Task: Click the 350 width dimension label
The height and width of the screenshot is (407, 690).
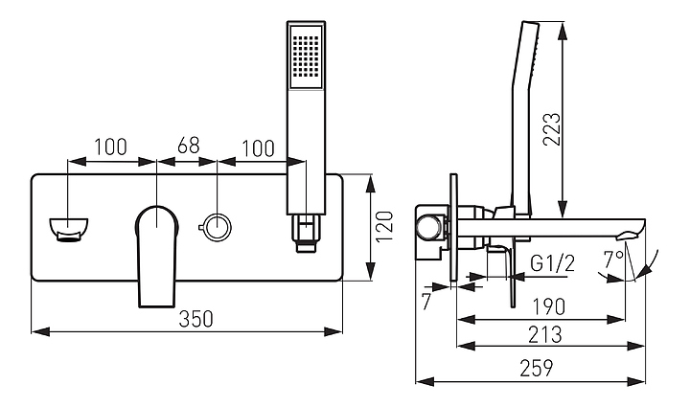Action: [x=195, y=319]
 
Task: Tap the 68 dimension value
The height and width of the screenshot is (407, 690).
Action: [x=189, y=146]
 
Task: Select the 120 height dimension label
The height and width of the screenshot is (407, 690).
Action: [x=384, y=226]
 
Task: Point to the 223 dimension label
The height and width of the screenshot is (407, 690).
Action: [x=552, y=129]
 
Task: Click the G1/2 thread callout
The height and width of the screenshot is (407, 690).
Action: [x=552, y=263]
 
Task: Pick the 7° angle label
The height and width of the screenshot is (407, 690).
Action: [x=613, y=260]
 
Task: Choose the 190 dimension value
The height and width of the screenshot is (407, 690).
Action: [x=548, y=306]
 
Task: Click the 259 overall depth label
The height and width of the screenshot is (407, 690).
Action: [x=537, y=369]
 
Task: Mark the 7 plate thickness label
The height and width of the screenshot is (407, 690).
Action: [x=425, y=302]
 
